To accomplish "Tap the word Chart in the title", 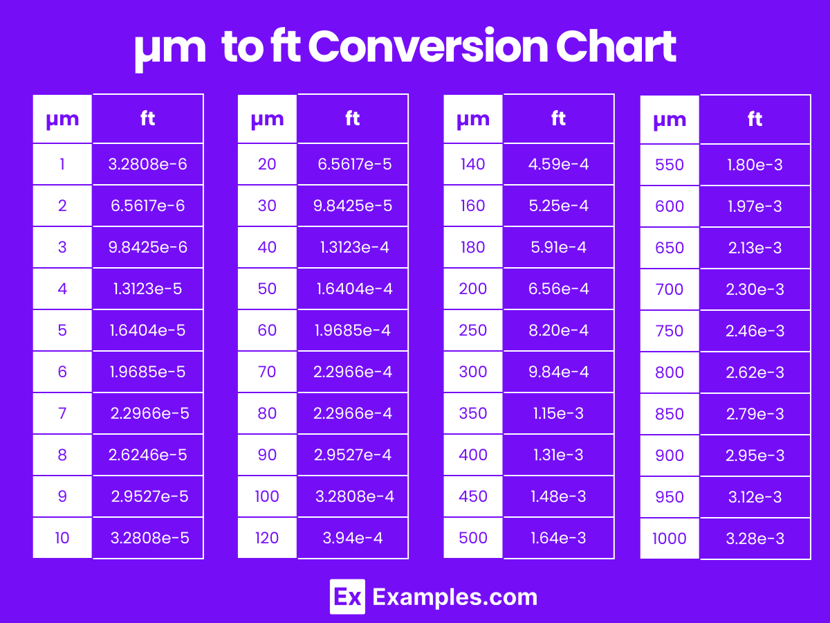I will coord(615,47).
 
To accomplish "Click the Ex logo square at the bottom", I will coord(347,597).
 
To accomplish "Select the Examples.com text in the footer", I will coord(454,597).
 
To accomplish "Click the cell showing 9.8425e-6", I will coord(148,247).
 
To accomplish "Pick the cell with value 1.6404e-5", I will coord(148,330).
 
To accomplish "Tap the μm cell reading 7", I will coord(62,413).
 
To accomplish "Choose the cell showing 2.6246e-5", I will coord(148,455).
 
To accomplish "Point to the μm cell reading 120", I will coord(267,538).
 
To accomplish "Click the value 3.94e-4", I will coord(353,538).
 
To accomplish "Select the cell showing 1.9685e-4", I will coord(353,330).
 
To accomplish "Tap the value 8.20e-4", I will coord(559,330).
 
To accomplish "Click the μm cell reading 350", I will coord(473,413).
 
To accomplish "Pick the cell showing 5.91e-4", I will coord(559,247).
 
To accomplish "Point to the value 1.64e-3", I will coord(559,538).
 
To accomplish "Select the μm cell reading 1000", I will coord(670,539).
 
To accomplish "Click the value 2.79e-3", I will coord(755,414).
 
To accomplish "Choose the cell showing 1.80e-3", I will coord(755,165).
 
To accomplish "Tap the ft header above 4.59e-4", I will coord(559,119).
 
